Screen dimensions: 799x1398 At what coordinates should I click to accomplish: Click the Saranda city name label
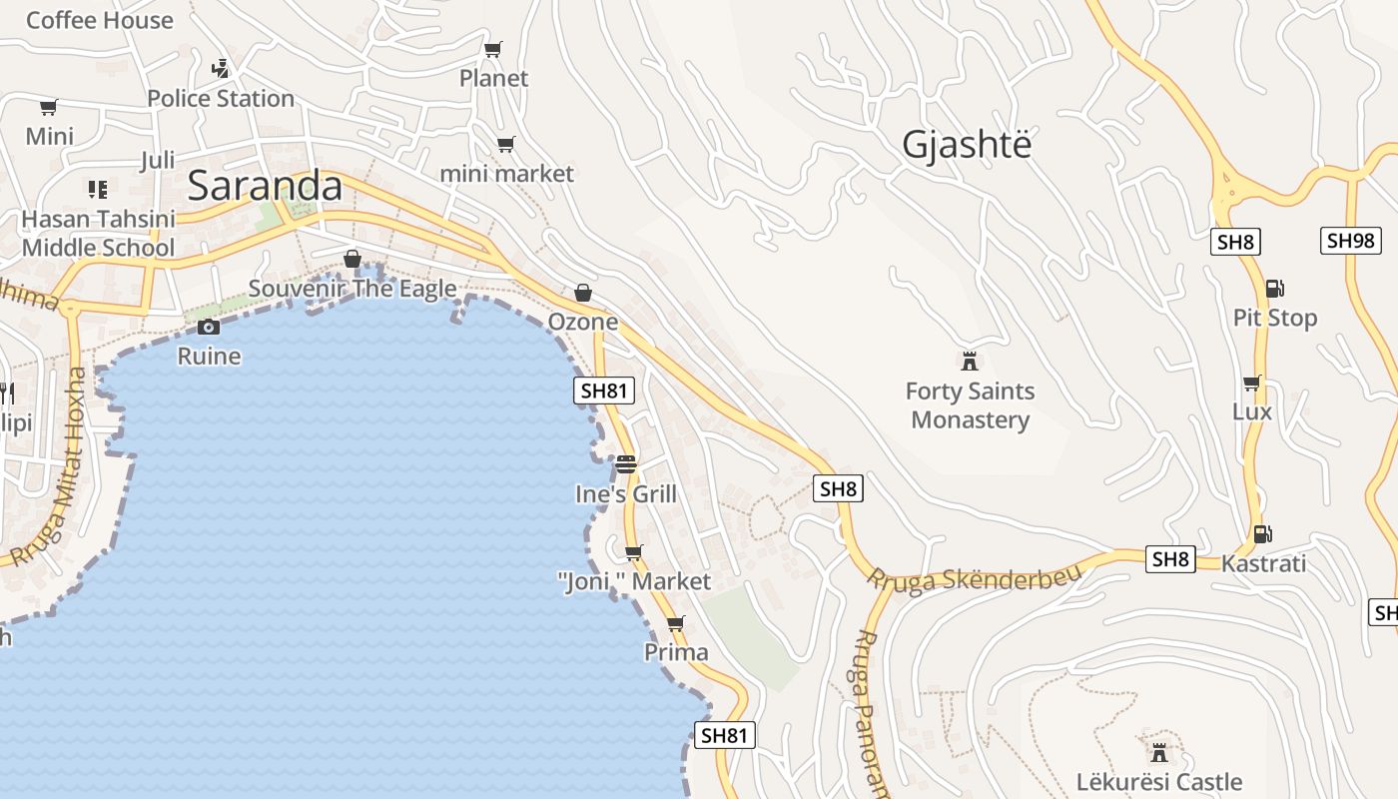[x=265, y=186]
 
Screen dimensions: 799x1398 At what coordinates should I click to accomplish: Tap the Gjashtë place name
[x=966, y=145]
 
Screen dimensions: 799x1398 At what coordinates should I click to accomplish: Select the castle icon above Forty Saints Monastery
[x=969, y=361]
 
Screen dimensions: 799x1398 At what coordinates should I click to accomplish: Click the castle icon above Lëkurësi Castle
[x=1159, y=751]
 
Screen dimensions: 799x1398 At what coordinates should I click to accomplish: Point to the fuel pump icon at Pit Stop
[x=1274, y=289]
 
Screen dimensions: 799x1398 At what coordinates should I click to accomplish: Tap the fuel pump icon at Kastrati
[x=1262, y=534]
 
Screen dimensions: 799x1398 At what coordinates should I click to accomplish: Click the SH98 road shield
[x=1350, y=241]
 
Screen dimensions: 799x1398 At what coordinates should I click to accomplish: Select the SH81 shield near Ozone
[x=605, y=391]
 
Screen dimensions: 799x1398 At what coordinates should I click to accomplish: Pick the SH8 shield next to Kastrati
[x=1169, y=559]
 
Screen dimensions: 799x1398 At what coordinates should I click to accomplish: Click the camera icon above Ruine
[x=209, y=327]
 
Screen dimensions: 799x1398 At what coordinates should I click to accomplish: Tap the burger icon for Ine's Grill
[x=626, y=464]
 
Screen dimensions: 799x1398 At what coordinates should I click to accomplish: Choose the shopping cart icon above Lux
[x=1251, y=383]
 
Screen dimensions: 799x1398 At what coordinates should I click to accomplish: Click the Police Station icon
[x=221, y=69]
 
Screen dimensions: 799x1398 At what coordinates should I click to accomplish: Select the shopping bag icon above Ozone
[x=583, y=293]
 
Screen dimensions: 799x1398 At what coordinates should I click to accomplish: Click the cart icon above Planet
[x=492, y=49]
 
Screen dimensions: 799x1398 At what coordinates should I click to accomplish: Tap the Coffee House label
[x=99, y=20]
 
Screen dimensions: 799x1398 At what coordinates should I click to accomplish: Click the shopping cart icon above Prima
[x=676, y=624]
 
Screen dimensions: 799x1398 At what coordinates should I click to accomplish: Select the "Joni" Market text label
[x=634, y=581]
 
